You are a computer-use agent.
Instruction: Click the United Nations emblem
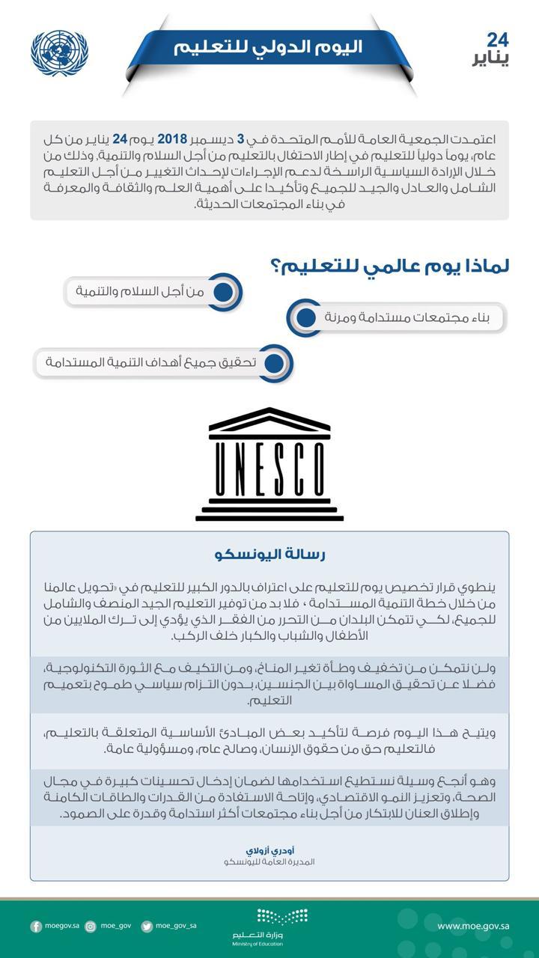pyautogui.click(x=60, y=53)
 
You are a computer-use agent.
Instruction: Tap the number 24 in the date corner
pyautogui.click(x=497, y=40)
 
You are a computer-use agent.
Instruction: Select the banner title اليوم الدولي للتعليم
pyautogui.click(x=268, y=46)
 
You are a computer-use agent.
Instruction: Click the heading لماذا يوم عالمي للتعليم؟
pyautogui.click(x=389, y=266)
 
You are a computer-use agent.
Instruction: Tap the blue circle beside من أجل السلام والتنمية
pyautogui.click(x=223, y=292)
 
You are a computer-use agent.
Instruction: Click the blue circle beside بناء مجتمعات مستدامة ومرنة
pyautogui.click(x=305, y=317)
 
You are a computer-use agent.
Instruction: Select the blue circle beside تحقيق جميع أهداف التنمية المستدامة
pyautogui.click(x=275, y=363)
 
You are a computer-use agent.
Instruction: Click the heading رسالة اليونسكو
pyautogui.click(x=269, y=555)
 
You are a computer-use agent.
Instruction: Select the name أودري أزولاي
pyautogui.click(x=268, y=851)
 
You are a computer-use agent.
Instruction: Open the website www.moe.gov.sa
pyautogui.click(x=473, y=927)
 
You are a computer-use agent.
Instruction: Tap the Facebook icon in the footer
pyautogui.click(x=36, y=927)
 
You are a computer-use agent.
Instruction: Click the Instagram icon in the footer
pyautogui.click(x=91, y=927)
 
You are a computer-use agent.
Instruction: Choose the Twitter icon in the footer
pyautogui.click(x=147, y=927)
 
